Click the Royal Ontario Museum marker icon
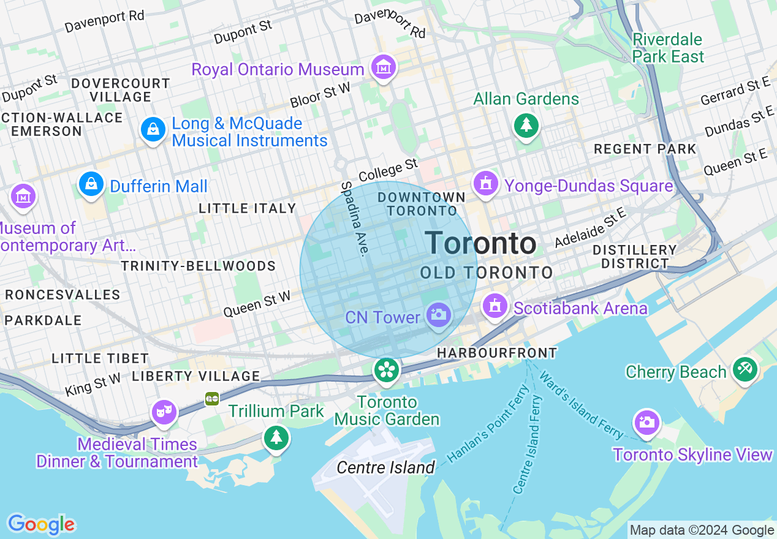384,67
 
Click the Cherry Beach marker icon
745,369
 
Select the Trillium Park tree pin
276,437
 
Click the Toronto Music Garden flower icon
387,370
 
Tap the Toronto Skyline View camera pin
647,422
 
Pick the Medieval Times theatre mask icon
164,412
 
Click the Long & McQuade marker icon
152,129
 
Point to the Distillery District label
635,257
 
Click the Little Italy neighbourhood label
248,209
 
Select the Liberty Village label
196,376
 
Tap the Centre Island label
386,468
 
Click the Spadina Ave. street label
357,219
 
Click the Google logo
41,524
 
